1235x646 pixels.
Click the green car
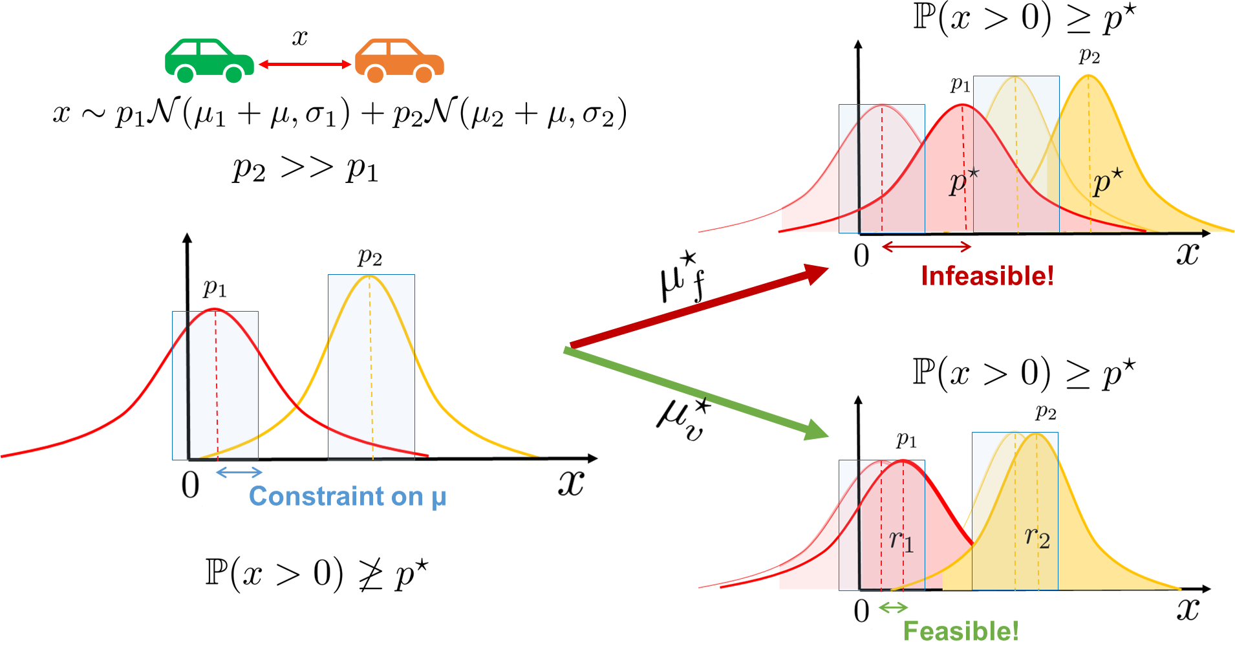(208, 59)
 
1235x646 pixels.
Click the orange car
(399, 59)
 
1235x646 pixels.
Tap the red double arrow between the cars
(305, 64)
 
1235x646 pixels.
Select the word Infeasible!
(987, 276)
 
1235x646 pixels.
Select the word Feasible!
(961, 631)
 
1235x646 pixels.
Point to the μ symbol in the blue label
(438, 498)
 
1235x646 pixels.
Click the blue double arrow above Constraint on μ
(239, 472)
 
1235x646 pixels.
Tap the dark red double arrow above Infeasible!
(927, 246)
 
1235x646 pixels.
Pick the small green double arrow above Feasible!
(893, 607)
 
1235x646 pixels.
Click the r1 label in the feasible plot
(901, 541)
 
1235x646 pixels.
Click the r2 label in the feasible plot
(1037, 537)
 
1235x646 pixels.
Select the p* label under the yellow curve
(1108, 182)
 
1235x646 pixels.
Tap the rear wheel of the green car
(185, 74)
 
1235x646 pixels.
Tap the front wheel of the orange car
(424, 74)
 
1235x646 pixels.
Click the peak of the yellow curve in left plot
(369, 276)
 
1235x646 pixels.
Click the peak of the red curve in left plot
(215, 308)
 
